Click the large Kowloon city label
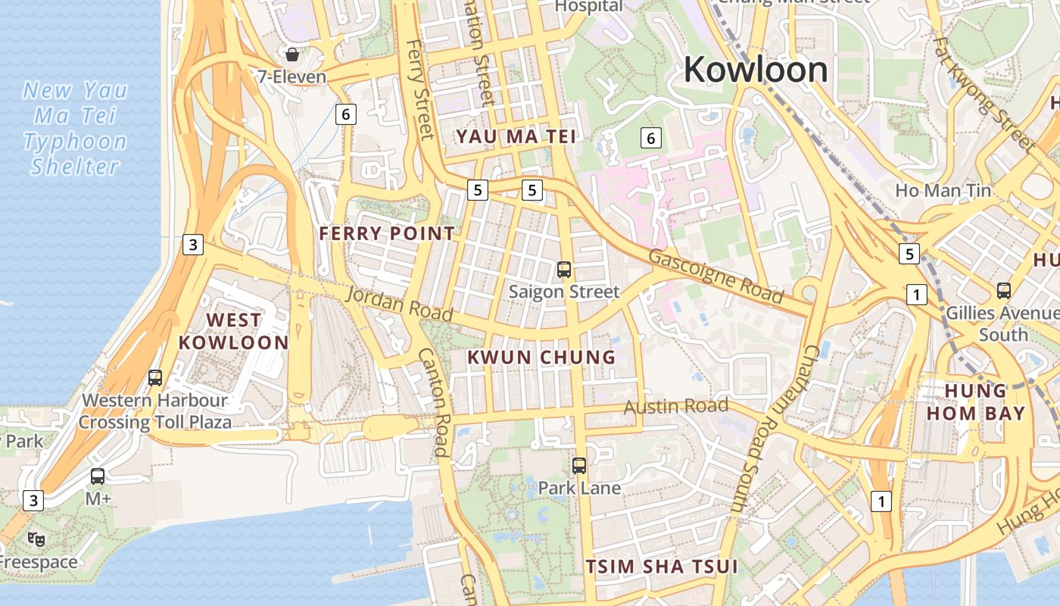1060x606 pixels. [756, 70]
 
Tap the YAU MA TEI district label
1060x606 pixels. [516, 136]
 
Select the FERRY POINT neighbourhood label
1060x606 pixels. [387, 233]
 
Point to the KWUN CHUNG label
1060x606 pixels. [541, 357]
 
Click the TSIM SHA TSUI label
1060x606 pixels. [662, 567]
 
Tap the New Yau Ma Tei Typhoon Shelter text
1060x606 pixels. [75, 129]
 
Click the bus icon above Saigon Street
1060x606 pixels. [564, 269]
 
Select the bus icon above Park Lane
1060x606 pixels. [579, 466]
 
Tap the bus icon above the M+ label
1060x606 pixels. [98, 476]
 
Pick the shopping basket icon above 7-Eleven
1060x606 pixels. [291, 55]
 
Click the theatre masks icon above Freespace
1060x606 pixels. [36, 539]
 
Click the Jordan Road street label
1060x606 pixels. [400, 303]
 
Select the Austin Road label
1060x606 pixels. [675, 407]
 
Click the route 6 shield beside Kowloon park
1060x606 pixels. [650, 138]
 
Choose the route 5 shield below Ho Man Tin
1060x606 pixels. [909, 253]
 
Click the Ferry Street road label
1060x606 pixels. [419, 89]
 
